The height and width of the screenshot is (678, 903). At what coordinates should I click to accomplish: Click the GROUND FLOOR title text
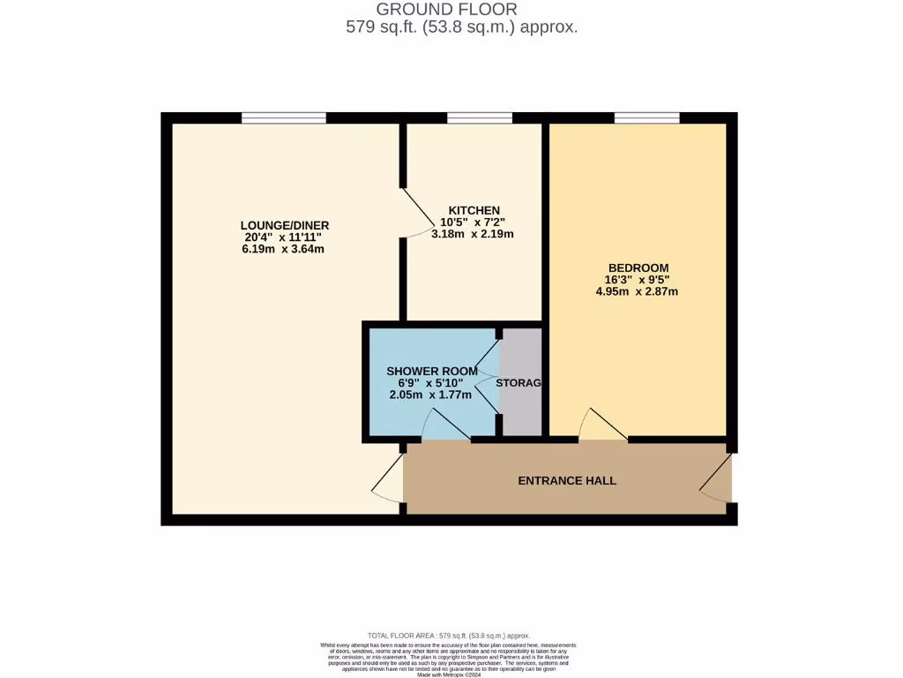[453, 10]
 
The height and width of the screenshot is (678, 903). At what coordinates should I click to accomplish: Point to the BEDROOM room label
[638, 268]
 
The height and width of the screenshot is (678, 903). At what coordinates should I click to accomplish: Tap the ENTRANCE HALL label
[566, 481]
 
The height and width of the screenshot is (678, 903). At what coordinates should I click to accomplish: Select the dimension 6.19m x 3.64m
[283, 249]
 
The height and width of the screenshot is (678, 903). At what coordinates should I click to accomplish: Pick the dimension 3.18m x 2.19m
[472, 234]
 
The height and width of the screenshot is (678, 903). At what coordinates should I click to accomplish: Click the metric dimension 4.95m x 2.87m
[637, 291]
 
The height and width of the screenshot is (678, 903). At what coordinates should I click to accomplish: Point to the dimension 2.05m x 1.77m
[429, 395]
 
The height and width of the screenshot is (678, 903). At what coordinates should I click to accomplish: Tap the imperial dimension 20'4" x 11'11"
[283, 237]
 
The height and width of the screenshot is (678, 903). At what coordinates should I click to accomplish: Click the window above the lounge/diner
[284, 117]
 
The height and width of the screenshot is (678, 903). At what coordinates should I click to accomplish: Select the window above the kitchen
[480, 117]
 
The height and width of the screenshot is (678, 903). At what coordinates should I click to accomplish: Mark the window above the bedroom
[646, 117]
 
